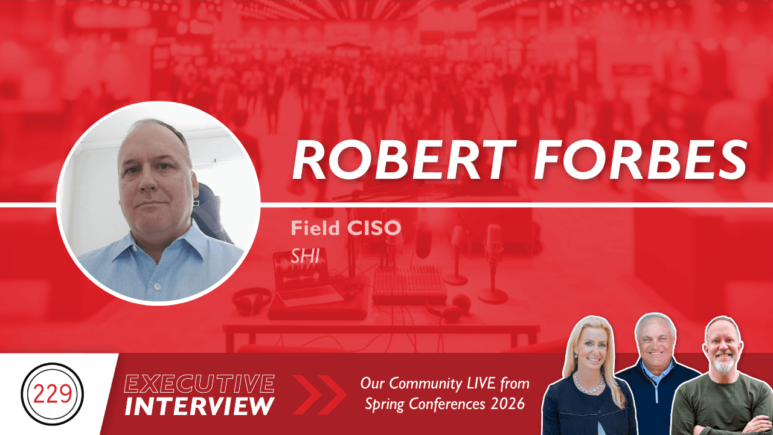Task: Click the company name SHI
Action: tap(305, 256)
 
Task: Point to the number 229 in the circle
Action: tap(53, 395)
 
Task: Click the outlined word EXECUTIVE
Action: tap(199, 384)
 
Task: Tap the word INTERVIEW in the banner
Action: tap(199, 406)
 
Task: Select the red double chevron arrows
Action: tap(319, 395)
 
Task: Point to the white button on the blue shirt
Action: tap(157, 286)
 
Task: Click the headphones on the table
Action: tap(252, 301)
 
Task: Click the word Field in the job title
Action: tap(315, 228)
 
